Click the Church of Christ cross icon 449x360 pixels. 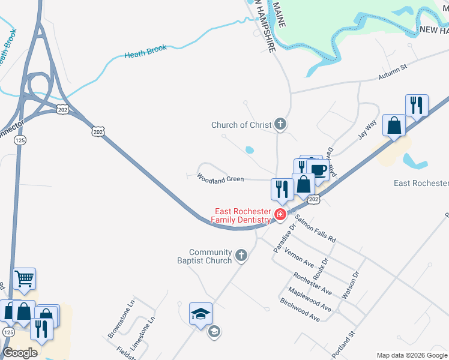click(280, 125)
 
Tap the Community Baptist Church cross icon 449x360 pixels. click(241, 256)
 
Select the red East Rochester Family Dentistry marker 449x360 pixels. click(280, 214)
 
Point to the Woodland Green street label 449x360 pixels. click(220, 179)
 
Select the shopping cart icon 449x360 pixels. click(25, 278)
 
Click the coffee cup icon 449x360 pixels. click(318, 170)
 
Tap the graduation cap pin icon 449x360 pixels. click(200, 314)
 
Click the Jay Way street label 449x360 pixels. click(367, 129)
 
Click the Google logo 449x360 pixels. click(20, 353)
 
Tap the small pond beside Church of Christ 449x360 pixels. click(250, 149)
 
